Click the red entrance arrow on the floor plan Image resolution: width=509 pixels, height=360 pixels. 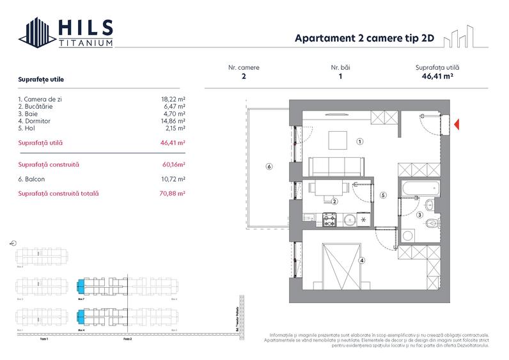point(456,123)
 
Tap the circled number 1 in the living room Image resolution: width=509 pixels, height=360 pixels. point(360,142)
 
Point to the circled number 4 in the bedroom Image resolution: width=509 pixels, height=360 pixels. point(362,260)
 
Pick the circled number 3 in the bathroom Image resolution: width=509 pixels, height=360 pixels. point(419,215)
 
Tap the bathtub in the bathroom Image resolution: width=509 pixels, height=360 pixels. point(419,189)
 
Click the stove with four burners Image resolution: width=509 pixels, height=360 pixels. point(330,220)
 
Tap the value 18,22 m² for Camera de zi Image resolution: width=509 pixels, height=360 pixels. point(173,100)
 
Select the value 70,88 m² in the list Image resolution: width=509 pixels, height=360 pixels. point(173,193)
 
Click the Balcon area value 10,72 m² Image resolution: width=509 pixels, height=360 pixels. point(173,179)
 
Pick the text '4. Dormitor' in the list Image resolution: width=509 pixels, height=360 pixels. point(35,120)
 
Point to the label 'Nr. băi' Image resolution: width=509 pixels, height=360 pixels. point(340,67)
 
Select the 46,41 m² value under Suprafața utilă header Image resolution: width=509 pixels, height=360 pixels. point(437,76)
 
